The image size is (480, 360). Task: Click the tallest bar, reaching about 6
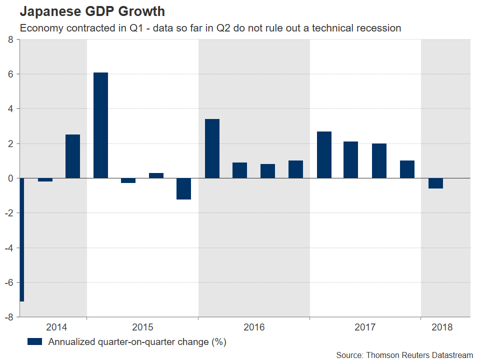coord(100,125)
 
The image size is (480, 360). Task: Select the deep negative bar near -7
coord(21,239)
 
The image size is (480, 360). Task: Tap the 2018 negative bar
coord(435,183)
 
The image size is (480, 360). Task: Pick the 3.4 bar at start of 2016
coord(212,148)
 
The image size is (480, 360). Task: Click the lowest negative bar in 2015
coord(184,188)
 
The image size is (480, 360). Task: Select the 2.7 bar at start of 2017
coord(324,154)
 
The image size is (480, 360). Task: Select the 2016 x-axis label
coord(254,327)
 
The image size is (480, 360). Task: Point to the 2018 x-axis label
coord(442,327)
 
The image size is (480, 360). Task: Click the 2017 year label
coord(365,327)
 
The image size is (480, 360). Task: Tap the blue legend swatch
coord(35,342)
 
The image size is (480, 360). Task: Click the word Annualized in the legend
coord(70,342)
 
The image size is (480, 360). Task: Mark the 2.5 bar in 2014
coord(72,156)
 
